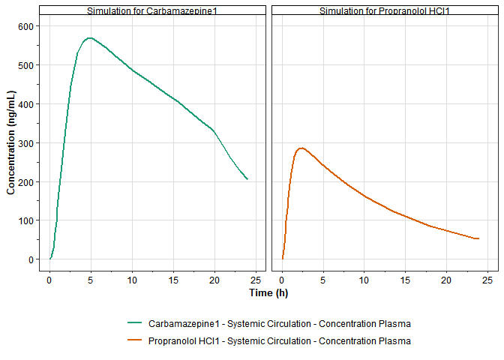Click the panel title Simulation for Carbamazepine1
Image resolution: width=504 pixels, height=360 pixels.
[152, 11]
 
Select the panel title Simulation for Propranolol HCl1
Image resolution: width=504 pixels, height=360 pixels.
[385, 11]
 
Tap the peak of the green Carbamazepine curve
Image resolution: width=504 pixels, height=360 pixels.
[90, 37]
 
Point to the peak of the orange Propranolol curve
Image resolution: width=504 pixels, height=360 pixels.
[301, 148]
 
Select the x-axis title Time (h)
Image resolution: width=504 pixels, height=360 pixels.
[268, 292]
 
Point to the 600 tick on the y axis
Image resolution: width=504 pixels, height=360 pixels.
[28, 26]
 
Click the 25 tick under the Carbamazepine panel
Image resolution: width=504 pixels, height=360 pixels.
[256, 280]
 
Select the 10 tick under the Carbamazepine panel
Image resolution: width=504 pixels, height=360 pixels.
[132, 280]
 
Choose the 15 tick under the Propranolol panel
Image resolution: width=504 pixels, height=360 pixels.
[406, 280]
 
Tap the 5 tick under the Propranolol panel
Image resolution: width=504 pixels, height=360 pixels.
[323, 280]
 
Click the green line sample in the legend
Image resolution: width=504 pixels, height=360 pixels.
[135, 323]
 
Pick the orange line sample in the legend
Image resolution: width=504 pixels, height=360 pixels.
[135, 341]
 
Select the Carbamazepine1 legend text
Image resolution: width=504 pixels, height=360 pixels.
[280, 323]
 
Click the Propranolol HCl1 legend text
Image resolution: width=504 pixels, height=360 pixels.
[280, 341]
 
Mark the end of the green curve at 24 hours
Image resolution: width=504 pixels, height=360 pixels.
[247, 179]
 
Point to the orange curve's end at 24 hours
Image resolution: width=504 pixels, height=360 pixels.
[478, 238]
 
